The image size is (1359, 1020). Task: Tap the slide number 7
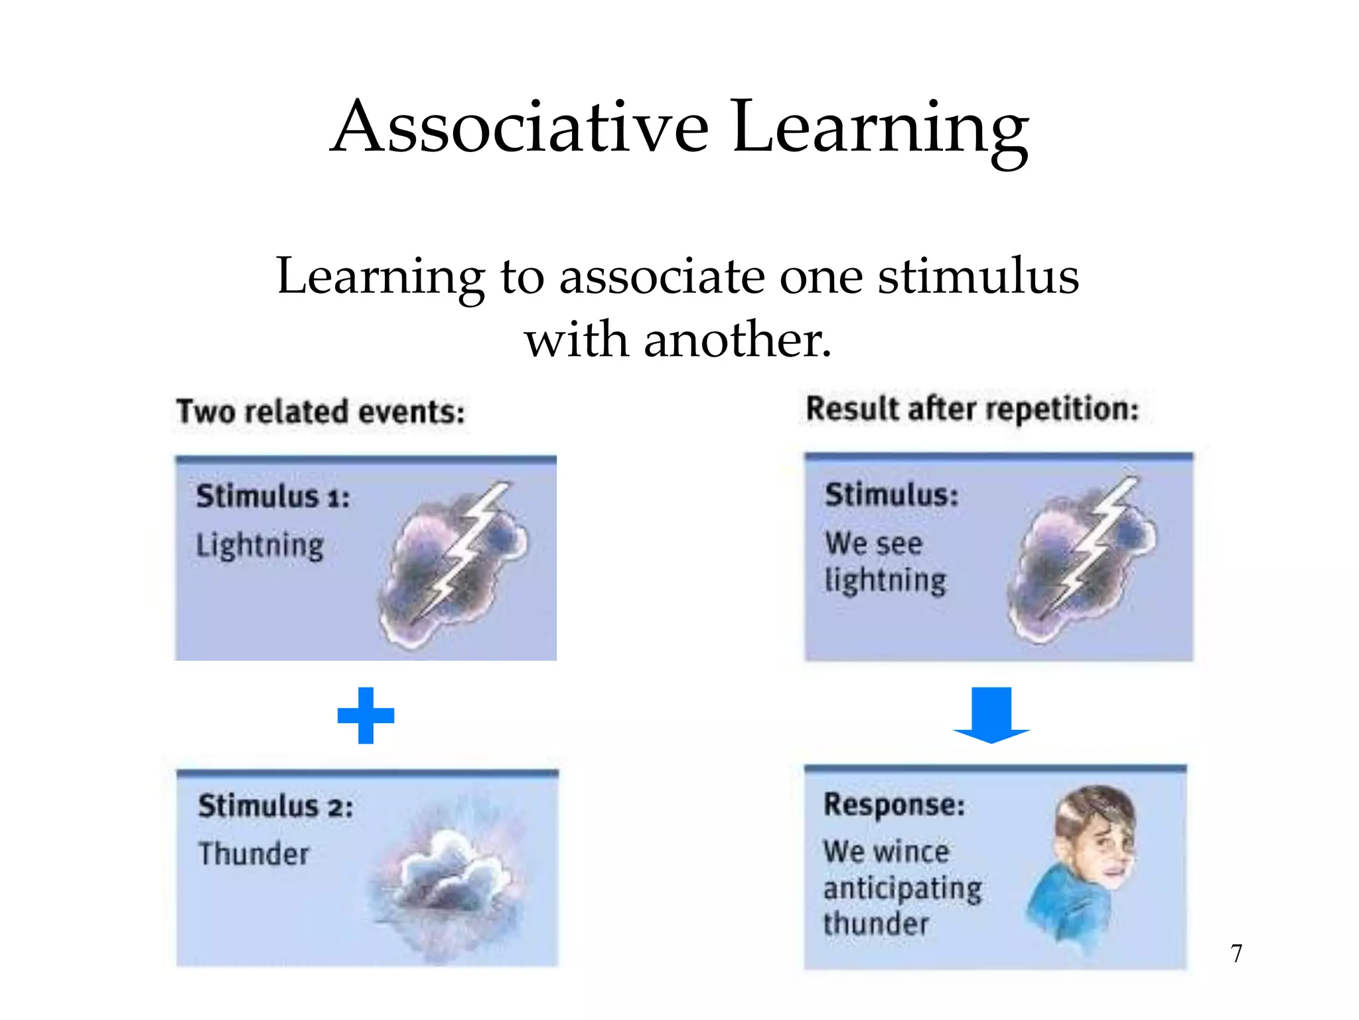[x=1236, y=953]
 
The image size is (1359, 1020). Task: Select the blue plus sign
[x=366, y=715]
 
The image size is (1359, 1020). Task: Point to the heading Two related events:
[x=321, y=412]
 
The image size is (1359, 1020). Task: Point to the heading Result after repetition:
[x=972, y=408]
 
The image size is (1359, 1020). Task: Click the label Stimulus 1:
[x=273, y=496]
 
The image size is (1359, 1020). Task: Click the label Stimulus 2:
[x=275, y=806]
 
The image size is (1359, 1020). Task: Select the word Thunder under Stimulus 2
[x=254, y=854]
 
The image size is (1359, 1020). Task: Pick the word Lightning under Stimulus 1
[x=260, y=546]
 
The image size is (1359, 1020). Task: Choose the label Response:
[x=894, y=805]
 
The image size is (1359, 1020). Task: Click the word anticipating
[x=902, y=889]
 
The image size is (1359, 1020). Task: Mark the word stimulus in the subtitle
[x=978, y=276]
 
